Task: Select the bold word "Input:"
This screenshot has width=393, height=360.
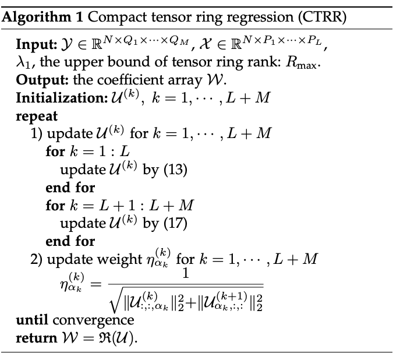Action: [36, 45]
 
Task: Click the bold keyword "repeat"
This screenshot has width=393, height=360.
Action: [35, 115]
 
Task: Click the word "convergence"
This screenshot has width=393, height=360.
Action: [93, 320]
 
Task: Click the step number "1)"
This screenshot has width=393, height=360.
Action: [37, 133]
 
